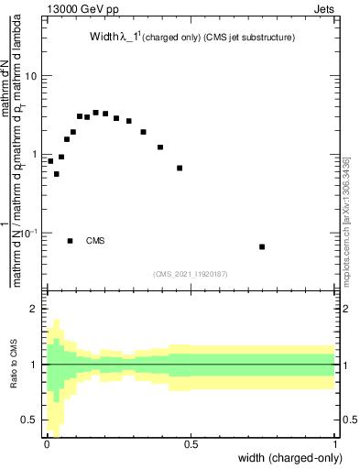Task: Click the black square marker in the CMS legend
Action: pos(71,241)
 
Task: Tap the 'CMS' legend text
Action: pos(95,241)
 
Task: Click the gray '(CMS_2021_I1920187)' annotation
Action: pos(191,274)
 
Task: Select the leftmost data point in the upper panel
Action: pos(50,161)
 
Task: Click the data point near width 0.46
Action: pos(180,168)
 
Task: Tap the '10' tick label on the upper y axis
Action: pos(31,76)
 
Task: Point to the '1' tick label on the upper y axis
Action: pos(34,155)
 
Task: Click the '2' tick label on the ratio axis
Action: pos(34,310)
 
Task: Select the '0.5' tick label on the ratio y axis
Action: pos(29,420)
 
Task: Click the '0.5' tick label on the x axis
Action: pos(191,444)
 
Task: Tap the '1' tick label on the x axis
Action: pos(335,444)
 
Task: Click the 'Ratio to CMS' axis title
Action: pos(13,365)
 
